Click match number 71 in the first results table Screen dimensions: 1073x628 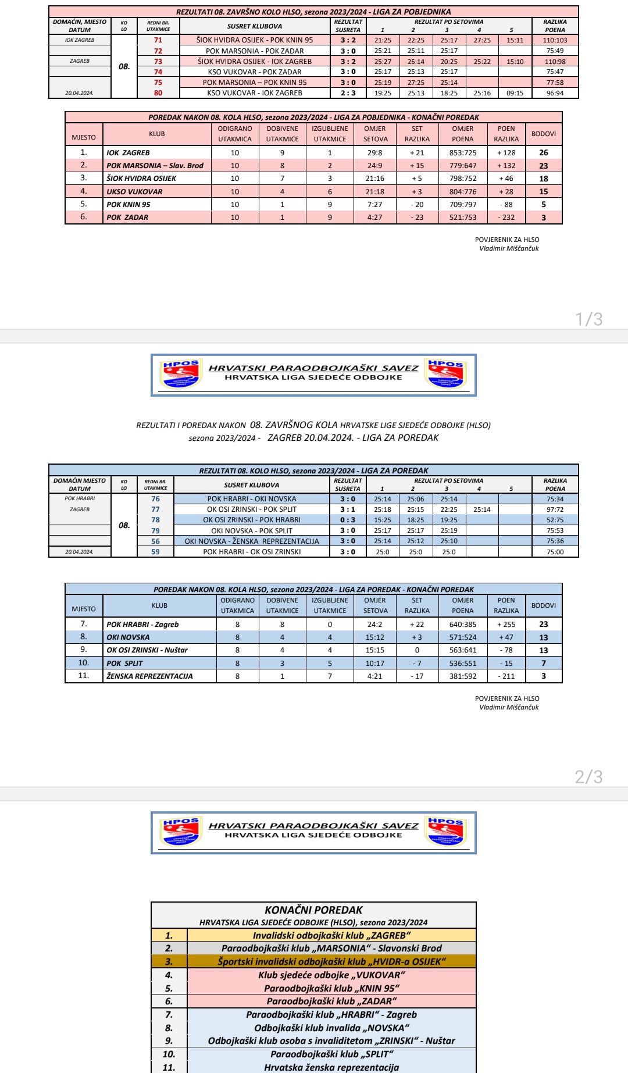pyautogui.click(x=158, y=40)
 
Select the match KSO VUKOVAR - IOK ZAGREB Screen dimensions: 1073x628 pyautogui.click(x=255, y=93)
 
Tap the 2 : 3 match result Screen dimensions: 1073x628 pyautogui.click(x=348, y=93)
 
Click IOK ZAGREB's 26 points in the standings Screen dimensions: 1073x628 pyautogui.click(x=544, y=153)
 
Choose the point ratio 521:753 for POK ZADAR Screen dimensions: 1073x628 pyautogui.click(x=463, y=218)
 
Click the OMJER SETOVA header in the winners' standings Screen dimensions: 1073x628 pyautogui.click(x=375, y=134)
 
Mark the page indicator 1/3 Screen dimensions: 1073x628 pyautogui.click(x=588, y=319)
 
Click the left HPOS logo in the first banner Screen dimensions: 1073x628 pyautogui.click(x=181, y=375)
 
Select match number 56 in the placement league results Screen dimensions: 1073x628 pyautogui.click(x=155, y=541)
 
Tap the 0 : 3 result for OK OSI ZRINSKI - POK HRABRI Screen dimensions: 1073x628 pyautogui.click(x=348, y=520)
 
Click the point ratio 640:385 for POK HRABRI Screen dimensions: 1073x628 pyautogui.click(x=463, y=625)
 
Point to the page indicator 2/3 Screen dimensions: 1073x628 pyautogui.click(x=588, y=776)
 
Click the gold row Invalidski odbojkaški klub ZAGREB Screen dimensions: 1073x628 pyautogui.click(x=331, y=936)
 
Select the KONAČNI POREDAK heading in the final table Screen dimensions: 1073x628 pyautogui.click(x=313, y=910)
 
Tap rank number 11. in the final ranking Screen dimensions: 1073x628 pyautogui.click(x=169, y=1068)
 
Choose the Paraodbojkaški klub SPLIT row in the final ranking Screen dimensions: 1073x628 pyautogui.click(x=331, y=1054)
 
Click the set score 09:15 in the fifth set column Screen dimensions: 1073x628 pyautogui.click(x=515, y=93)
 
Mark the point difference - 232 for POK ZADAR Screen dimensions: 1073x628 pyautogui.click(x=506, y=218)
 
